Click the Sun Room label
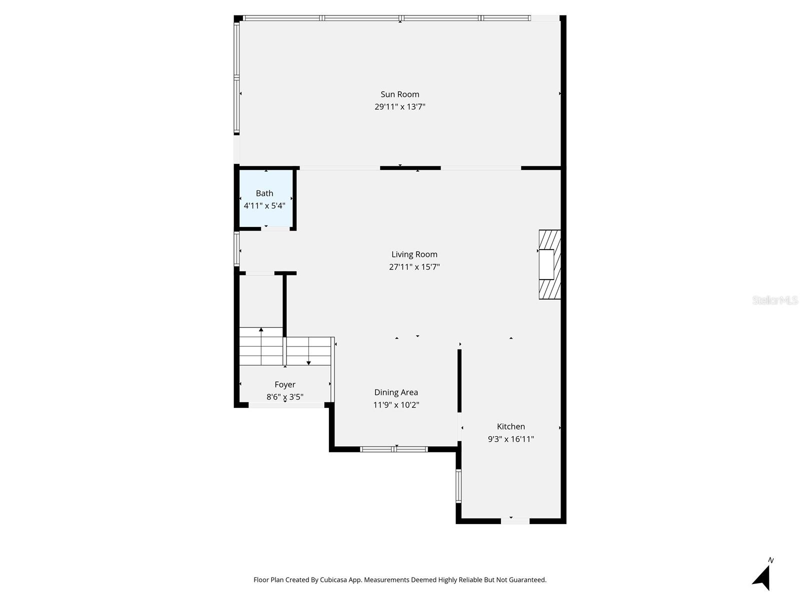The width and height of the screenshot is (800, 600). (400, 94)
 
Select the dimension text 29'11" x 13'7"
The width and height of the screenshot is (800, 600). (400, 106)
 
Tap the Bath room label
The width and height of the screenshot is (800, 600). (264, 193)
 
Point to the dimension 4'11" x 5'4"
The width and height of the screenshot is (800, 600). (264, 205)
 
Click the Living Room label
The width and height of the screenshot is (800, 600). (414, 254)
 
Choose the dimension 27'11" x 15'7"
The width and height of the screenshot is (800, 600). (414, 267)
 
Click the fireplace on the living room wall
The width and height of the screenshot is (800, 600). (549, 264)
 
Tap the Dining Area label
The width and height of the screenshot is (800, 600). (396, 392)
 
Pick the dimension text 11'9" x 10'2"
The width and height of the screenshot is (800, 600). (396, 405)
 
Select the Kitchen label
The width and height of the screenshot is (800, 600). (510, 426)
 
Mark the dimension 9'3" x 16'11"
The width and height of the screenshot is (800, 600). (510, 439)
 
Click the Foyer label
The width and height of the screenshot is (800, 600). (285, 384)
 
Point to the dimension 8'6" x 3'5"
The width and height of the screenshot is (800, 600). (285, 397)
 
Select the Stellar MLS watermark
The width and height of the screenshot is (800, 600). (775, 300)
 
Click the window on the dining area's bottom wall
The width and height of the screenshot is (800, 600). (394, 449)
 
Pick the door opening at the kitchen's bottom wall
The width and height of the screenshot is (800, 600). (515, 521)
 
